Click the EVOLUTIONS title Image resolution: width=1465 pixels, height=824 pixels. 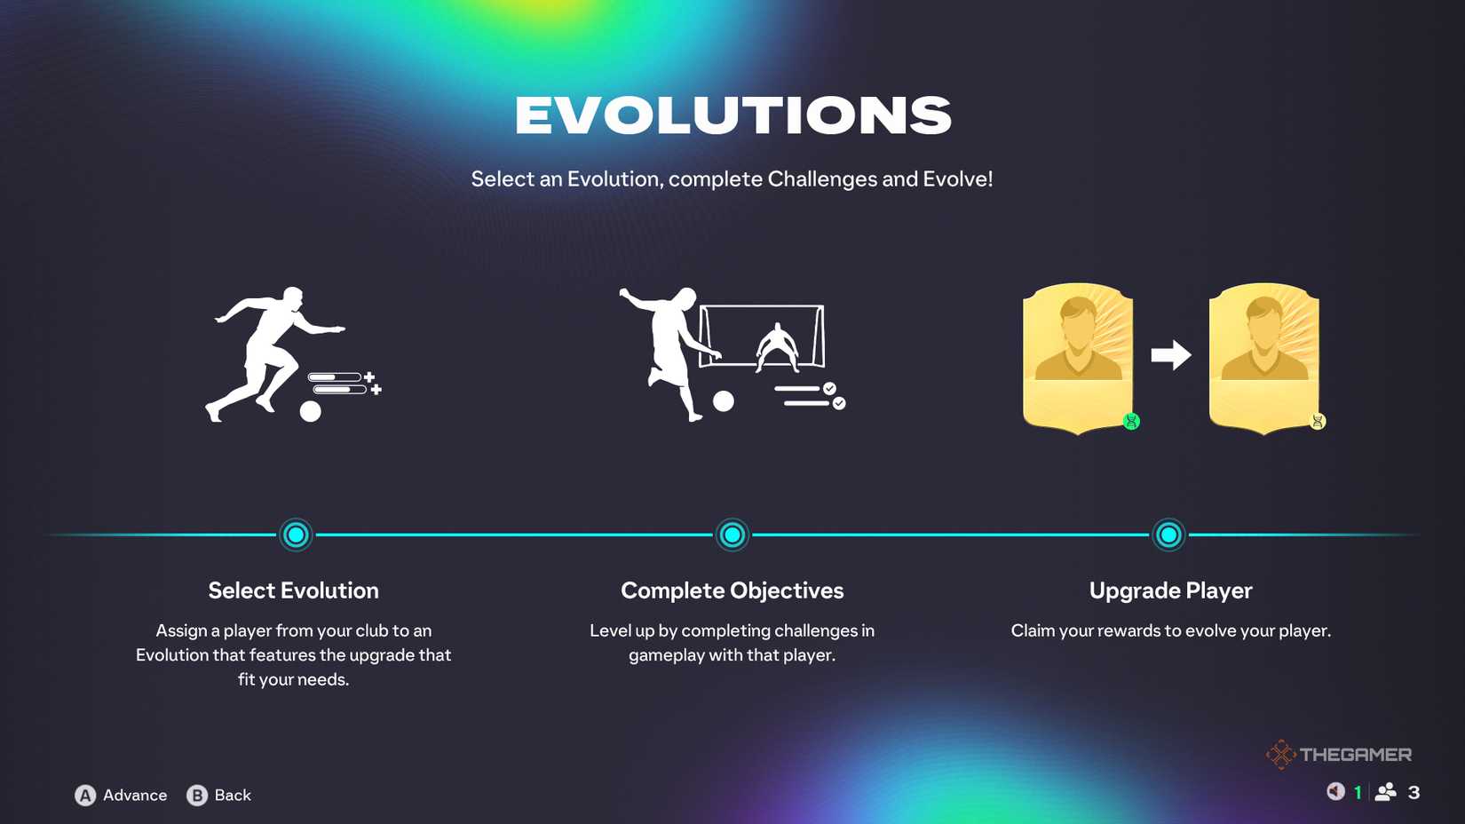click(732, 115)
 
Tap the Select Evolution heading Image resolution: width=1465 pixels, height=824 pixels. click(294, 590)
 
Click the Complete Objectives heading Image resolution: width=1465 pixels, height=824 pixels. click(732, 590)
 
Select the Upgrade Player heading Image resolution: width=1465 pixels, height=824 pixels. click(1171, 590)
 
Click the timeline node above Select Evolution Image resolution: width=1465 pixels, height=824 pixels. click(296, 535)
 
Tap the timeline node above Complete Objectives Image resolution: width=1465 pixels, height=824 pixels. click(732, 535)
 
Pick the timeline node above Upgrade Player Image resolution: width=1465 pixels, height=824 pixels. click(1168, 535)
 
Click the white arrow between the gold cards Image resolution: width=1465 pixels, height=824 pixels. click(1171, 355)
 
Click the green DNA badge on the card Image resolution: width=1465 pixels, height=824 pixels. click(1131, 421)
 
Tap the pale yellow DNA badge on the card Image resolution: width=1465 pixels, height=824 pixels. click(1318, 421)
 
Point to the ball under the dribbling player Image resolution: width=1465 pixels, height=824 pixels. click(310, 411)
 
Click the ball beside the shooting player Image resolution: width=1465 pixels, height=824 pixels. click(723, 400)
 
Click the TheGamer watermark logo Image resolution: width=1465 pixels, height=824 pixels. click(1339, 755)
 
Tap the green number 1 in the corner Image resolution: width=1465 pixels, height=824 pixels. click(1358, 793)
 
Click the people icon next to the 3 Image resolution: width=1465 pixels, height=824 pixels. click(1385, 793)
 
